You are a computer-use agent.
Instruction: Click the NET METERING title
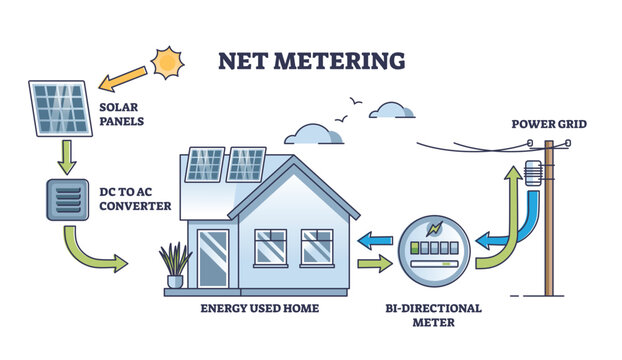(311, 61)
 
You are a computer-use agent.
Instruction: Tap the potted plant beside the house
(175, 265)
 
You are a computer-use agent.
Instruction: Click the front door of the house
(214, 259)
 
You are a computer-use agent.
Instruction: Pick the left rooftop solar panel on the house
(206, 163)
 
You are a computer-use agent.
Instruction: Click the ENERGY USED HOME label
(260, 308)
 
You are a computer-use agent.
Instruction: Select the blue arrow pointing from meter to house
(376, 240)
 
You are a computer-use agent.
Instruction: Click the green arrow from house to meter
(375, 266)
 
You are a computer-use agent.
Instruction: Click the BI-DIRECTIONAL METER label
(434, 316)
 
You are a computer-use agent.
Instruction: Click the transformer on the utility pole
(528, 172)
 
